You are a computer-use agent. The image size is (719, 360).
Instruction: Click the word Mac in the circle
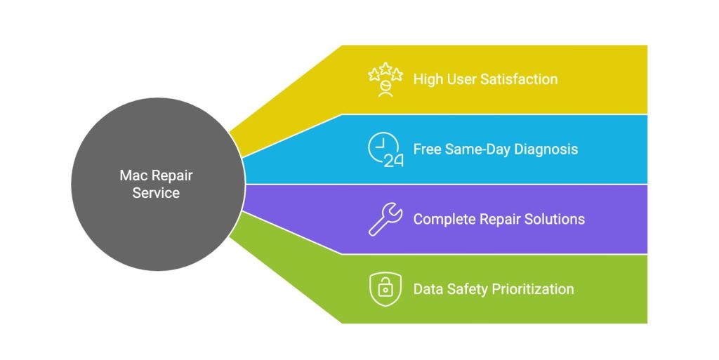pos(132,175)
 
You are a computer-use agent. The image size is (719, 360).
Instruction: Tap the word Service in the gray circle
pos(156,192)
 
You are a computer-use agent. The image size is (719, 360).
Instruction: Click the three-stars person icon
pos(385,79)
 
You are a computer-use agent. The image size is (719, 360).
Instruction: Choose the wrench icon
pos(385,219)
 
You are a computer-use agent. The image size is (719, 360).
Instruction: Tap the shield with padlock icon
pos(385,289)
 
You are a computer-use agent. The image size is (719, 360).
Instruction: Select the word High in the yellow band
pos(428,79)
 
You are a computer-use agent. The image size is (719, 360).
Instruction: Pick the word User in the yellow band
pos(461,79)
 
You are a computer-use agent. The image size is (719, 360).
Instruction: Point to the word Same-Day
pos(478,149)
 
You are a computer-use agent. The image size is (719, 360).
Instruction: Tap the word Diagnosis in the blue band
pos(547,149)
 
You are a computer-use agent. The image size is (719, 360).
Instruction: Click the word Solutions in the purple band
pos(554,219)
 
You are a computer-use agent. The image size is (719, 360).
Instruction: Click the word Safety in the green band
pos(466,289)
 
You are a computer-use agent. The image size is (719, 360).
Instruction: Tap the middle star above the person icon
pos(385,68)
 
